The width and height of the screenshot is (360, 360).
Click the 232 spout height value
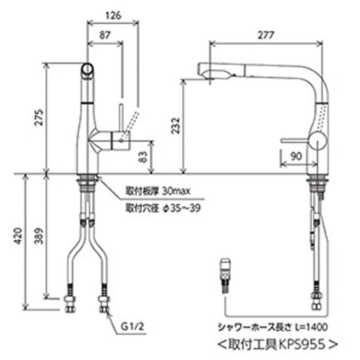point(176,126)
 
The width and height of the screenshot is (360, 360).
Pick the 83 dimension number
point(143,157)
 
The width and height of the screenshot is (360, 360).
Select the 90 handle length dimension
point(296,157)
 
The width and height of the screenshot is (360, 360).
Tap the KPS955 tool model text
point(301,345)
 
